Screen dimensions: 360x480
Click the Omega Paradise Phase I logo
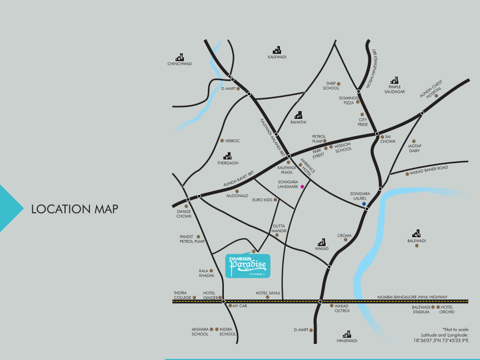point(248,266)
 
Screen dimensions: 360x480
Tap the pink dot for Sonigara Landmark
point(302,187)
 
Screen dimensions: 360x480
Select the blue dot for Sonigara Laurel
point(364,204)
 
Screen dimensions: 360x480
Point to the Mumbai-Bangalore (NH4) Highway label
point(412,297)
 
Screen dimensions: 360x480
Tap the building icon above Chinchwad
point(179,57)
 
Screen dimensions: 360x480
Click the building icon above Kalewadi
point(277,50)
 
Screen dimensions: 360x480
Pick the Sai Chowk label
point(388,139)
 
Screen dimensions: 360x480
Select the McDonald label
point(237,196)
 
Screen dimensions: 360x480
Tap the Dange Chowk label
point(184,213)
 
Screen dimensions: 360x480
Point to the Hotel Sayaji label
point(268,293)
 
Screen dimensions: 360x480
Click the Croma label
point(344,236)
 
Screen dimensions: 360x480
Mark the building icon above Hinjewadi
point(347,334)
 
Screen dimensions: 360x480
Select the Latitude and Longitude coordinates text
point(441,337)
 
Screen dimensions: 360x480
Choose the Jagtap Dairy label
point(414,148)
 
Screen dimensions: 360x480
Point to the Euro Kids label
point(262,200)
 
